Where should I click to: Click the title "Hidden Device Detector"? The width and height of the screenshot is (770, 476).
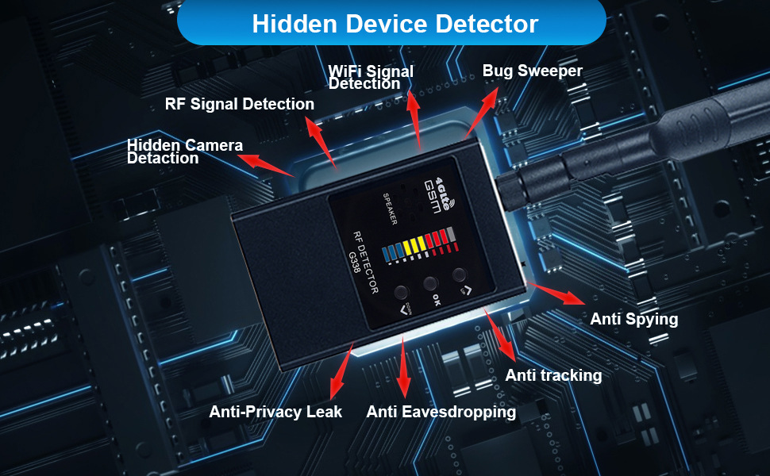[x=395, y=23]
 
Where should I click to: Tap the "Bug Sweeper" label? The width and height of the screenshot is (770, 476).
[x=532, y=71]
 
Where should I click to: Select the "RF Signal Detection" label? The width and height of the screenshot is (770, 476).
[x=239, y=104]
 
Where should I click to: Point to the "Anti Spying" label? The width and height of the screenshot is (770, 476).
[x=633, y=319]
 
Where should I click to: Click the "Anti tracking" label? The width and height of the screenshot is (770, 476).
[x=553, y=374]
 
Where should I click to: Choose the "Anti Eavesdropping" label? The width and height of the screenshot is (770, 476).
[x=441, y=412]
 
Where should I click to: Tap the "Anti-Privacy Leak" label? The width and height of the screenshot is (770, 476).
[x=275, y=412]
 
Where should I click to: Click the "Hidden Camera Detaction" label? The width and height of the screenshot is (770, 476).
[x=184, y=152]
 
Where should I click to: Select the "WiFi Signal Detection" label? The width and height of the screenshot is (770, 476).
[x=371, y=77]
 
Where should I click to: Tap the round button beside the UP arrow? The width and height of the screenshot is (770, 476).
[x=459, y=275]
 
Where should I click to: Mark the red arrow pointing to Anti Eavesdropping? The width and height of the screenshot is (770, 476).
[x=403, y=367]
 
